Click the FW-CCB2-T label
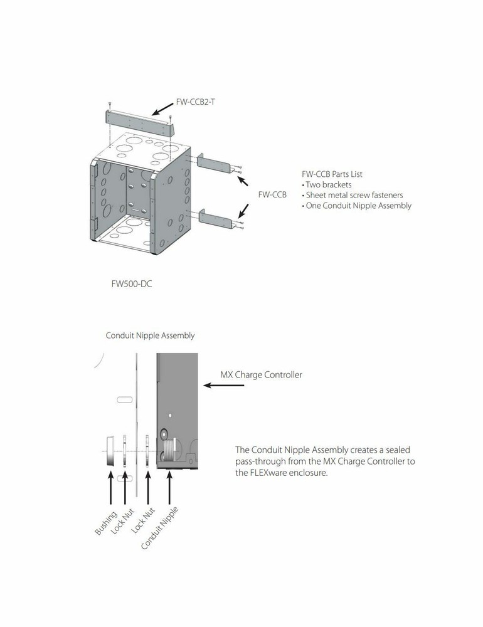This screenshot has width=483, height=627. (x=195, y=102)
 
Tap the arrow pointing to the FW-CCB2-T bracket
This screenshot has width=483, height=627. (x=163, y=108)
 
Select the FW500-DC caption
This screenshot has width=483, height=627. (x=132, y=284)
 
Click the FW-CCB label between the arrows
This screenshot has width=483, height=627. (x=272, y=195)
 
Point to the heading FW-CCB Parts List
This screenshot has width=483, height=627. (x=332, y=174)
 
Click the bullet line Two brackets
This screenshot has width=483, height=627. (x=327, y=185)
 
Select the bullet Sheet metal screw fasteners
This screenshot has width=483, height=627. (x=353, y=195)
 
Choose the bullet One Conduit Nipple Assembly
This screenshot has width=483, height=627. (x=356, y=206)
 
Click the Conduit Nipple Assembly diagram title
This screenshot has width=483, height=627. (x=150, y=335)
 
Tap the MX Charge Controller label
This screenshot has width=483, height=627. (x=262, y=375)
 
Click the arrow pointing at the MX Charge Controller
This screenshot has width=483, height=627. (x=224, y=386)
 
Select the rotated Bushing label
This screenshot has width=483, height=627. (x=105, y=523)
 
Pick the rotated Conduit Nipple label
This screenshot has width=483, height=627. (x=159, y=528)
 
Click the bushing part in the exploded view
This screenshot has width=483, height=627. (x=110, y=451)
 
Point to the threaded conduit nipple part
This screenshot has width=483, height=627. (x=169, y=451)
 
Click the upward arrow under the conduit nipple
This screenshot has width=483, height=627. (x=169, y=488)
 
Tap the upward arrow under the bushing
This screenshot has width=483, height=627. (x=111, y=488)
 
